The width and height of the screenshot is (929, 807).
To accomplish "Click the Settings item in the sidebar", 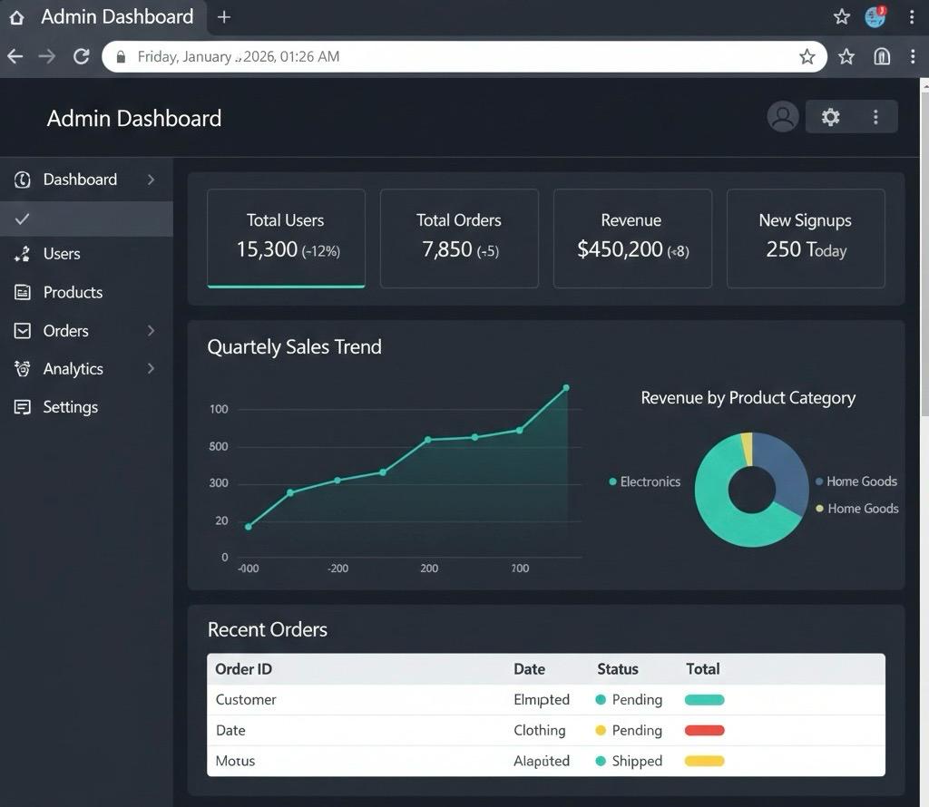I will pos(70,407).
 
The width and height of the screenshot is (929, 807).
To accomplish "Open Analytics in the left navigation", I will pos(73,369).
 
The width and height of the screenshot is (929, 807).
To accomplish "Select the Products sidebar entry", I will pos(73,292).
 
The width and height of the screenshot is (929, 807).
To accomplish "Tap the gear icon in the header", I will pos(830,117).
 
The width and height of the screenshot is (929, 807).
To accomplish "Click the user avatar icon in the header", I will pos(783,117).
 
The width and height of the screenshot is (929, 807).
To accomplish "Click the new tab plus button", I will pos(224,17).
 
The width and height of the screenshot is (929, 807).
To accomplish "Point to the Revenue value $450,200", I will pos(621,249).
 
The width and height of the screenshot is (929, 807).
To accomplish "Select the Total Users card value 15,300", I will pos(267,249).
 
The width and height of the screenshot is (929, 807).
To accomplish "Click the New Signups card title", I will pos(805,220).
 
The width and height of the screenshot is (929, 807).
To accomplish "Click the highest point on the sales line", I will pos(566,388).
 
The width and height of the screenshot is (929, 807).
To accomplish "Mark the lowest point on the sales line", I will pos(249,527).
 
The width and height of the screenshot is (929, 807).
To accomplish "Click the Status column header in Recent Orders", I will pos(617,669).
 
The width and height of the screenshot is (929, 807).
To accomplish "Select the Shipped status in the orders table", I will pos(636,761).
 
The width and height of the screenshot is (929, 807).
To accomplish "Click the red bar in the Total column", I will pos(704,730).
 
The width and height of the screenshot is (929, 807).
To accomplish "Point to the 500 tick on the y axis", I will pos(219,447).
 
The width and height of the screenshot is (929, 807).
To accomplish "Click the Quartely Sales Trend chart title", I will pos(294,346).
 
